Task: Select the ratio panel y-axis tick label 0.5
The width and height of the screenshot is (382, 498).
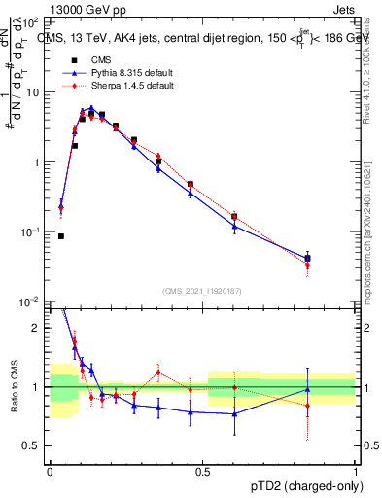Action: tap(31, 446)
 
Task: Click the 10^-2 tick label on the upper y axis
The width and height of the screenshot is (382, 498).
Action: tap(31, 302)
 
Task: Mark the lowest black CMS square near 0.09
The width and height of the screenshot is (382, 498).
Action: tap(61, 235)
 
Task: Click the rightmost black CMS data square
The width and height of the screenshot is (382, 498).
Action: tap(307, 258)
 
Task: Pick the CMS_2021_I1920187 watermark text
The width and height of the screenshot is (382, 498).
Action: tap(201, 291)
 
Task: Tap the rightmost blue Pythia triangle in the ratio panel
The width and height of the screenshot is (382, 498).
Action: tap(307, 389)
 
